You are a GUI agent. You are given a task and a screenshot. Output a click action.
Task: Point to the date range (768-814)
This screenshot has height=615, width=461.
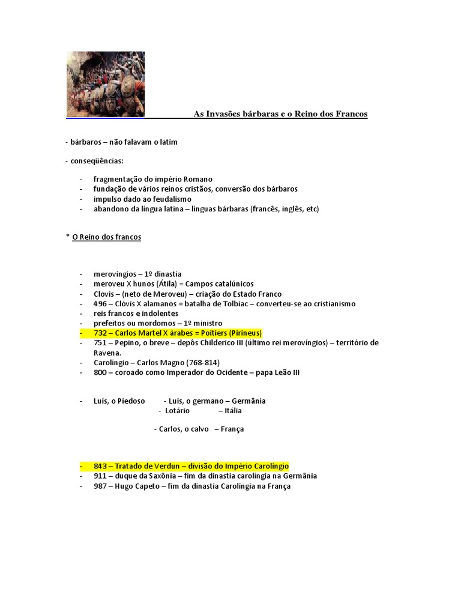coord(199,363)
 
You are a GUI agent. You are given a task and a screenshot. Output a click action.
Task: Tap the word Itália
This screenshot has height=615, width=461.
coord(234,411)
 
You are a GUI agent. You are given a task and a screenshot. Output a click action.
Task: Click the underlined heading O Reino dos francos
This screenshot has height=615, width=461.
coord(106,237)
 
